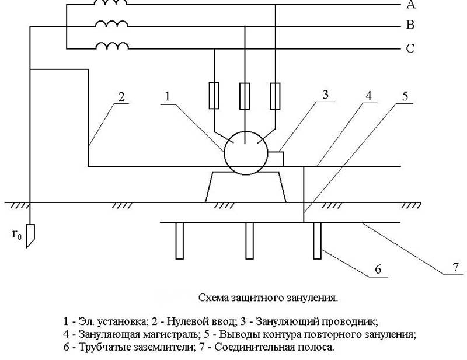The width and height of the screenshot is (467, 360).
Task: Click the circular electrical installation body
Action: point(245,152)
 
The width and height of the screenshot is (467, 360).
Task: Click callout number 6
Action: point(378,270)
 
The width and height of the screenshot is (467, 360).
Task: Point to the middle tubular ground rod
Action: point(249,241)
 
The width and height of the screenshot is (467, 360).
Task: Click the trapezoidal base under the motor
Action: point(245,188)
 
